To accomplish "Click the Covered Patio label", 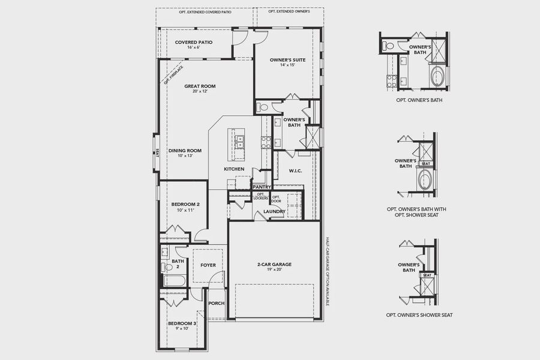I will (191, 43).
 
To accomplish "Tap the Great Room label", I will (200, 86).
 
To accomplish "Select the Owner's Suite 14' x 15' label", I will (284, 59).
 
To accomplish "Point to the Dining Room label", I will (185, 151).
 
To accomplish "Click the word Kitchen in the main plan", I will (234, 169).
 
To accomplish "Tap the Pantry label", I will (262, 187).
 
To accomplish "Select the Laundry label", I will (274, 211).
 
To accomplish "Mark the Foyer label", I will (208, 265).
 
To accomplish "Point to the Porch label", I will (216, 303).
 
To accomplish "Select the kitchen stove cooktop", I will (265, 142).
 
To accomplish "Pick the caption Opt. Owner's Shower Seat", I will (419, 315).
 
